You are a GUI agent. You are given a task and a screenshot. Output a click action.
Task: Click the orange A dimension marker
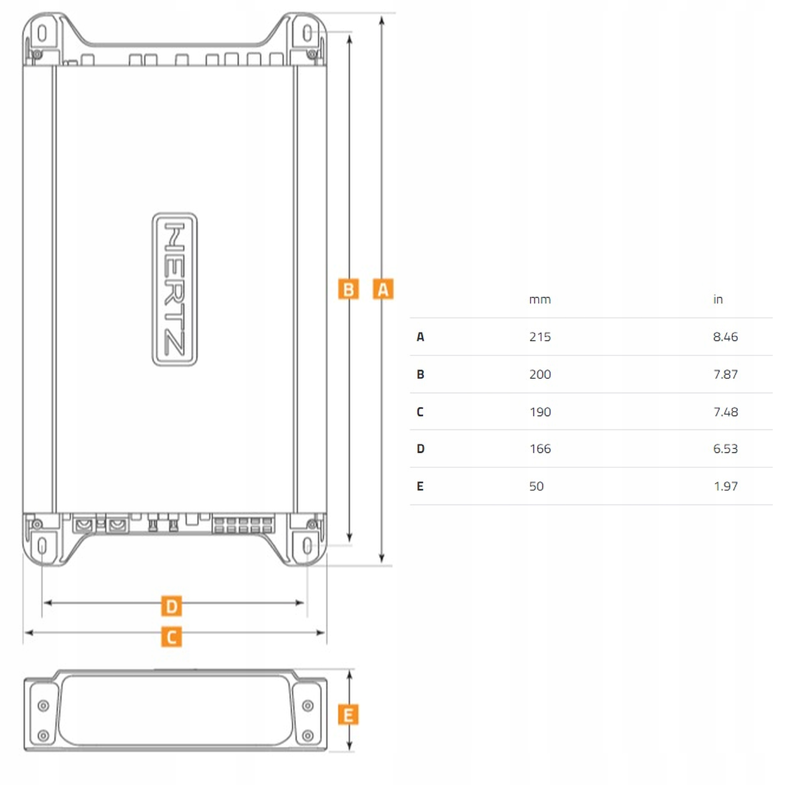pyautogui.click(x=383, y=289)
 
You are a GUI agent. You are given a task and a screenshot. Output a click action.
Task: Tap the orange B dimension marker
pyautogui.click(x=348, y=289)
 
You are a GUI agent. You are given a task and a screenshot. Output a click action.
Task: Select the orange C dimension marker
pyautogui.click(x=171, y=637)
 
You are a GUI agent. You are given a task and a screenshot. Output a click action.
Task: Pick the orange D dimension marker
pyautogui.click(x=171, y=606)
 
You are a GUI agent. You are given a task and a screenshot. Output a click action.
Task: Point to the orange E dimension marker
pyautogui.click(x=348, y=715)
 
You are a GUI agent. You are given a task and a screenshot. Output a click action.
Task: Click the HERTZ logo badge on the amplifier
pyautogui.click(x=175, y=289)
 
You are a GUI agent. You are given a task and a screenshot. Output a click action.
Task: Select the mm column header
pyautogui.click(x=539, y=300)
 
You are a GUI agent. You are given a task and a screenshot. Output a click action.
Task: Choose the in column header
pyautogui.click(x=717, y=300)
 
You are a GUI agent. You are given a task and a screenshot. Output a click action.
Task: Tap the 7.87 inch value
pyautogui.click(x=725, y=374)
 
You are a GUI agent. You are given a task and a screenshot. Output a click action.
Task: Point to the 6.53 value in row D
pyautogui.click(x=725, y=449)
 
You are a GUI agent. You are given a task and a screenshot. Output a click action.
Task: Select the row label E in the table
pyautogui.click(x=420, y=486)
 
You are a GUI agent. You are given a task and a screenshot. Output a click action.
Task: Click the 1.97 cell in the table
pyautogui.click(x=725, y=486)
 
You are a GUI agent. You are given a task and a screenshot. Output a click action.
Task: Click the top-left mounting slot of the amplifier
pyautogui.click(x=42, y=33)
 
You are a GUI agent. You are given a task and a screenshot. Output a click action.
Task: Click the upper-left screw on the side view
pyautogui.click(x=43, y=706)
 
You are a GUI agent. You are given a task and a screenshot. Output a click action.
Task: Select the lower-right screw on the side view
pyautogui.click(x=308, y=735)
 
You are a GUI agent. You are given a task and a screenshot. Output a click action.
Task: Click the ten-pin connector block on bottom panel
pyautogui.click(x=243, y=525)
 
